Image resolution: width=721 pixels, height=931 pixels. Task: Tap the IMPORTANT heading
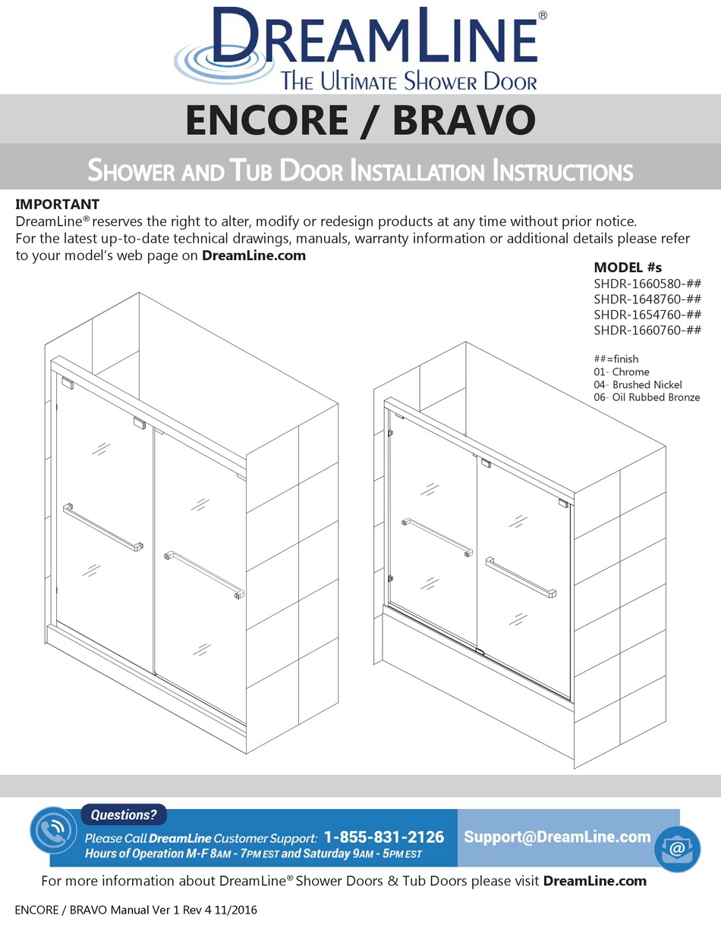(58, 205)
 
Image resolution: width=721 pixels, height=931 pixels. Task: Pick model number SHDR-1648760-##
(647, 299)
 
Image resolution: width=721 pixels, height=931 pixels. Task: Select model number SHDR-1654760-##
(647, 315)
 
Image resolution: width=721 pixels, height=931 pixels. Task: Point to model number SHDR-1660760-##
(647, 331)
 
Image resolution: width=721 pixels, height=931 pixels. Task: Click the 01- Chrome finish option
(622, 371)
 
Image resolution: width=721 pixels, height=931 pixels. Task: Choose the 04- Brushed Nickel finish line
(638, 384)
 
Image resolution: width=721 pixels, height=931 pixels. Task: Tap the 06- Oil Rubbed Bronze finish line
(647, 397)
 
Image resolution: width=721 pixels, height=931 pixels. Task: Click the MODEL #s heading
(628, 268)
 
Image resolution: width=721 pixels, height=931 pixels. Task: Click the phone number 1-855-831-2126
(384, 838)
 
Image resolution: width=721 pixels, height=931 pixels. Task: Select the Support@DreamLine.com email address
(558, 837)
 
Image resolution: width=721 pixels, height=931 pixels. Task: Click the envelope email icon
(678, 846)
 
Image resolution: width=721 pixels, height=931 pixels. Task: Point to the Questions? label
(124, 816)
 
